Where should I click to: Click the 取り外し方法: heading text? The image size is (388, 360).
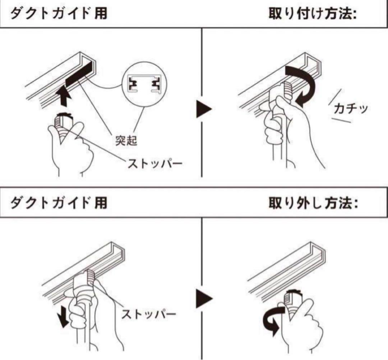point(313,204)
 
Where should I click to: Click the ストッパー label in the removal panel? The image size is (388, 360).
point(148,315)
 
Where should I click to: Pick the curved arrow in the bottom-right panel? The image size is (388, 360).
point(272,321)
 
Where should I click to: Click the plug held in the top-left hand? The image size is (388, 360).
point(64,122)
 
